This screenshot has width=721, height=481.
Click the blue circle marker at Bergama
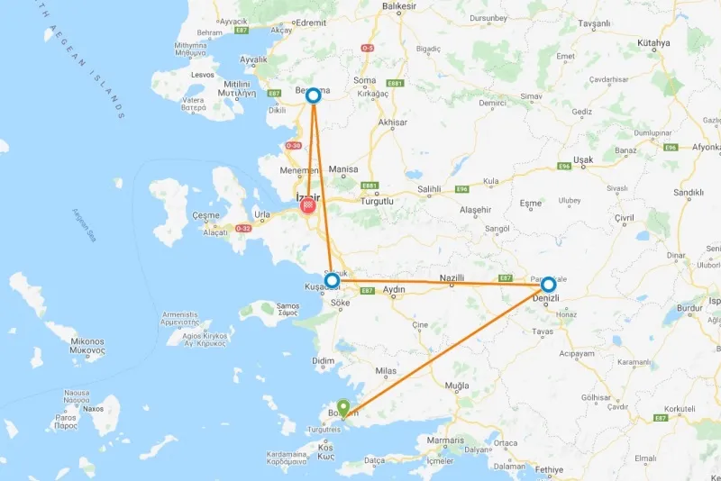(314, 95)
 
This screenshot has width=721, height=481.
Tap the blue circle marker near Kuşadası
(332, 281)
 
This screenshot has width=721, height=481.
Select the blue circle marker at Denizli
(548, 285)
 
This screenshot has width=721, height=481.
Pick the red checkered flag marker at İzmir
(308, 206)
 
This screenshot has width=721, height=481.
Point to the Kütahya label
(652, 42)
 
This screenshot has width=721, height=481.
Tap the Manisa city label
(343, 169)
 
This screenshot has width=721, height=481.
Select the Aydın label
(394, 289)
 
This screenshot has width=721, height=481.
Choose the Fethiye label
(548, 469)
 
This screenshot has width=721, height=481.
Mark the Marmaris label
(445, 440)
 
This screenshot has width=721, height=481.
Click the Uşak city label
(583, 159)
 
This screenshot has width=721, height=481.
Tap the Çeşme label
(205, 216)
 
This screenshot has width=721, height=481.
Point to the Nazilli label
(452, 278)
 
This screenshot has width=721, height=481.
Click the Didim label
(324, 360)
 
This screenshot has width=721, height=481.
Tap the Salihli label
(428, 190)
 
